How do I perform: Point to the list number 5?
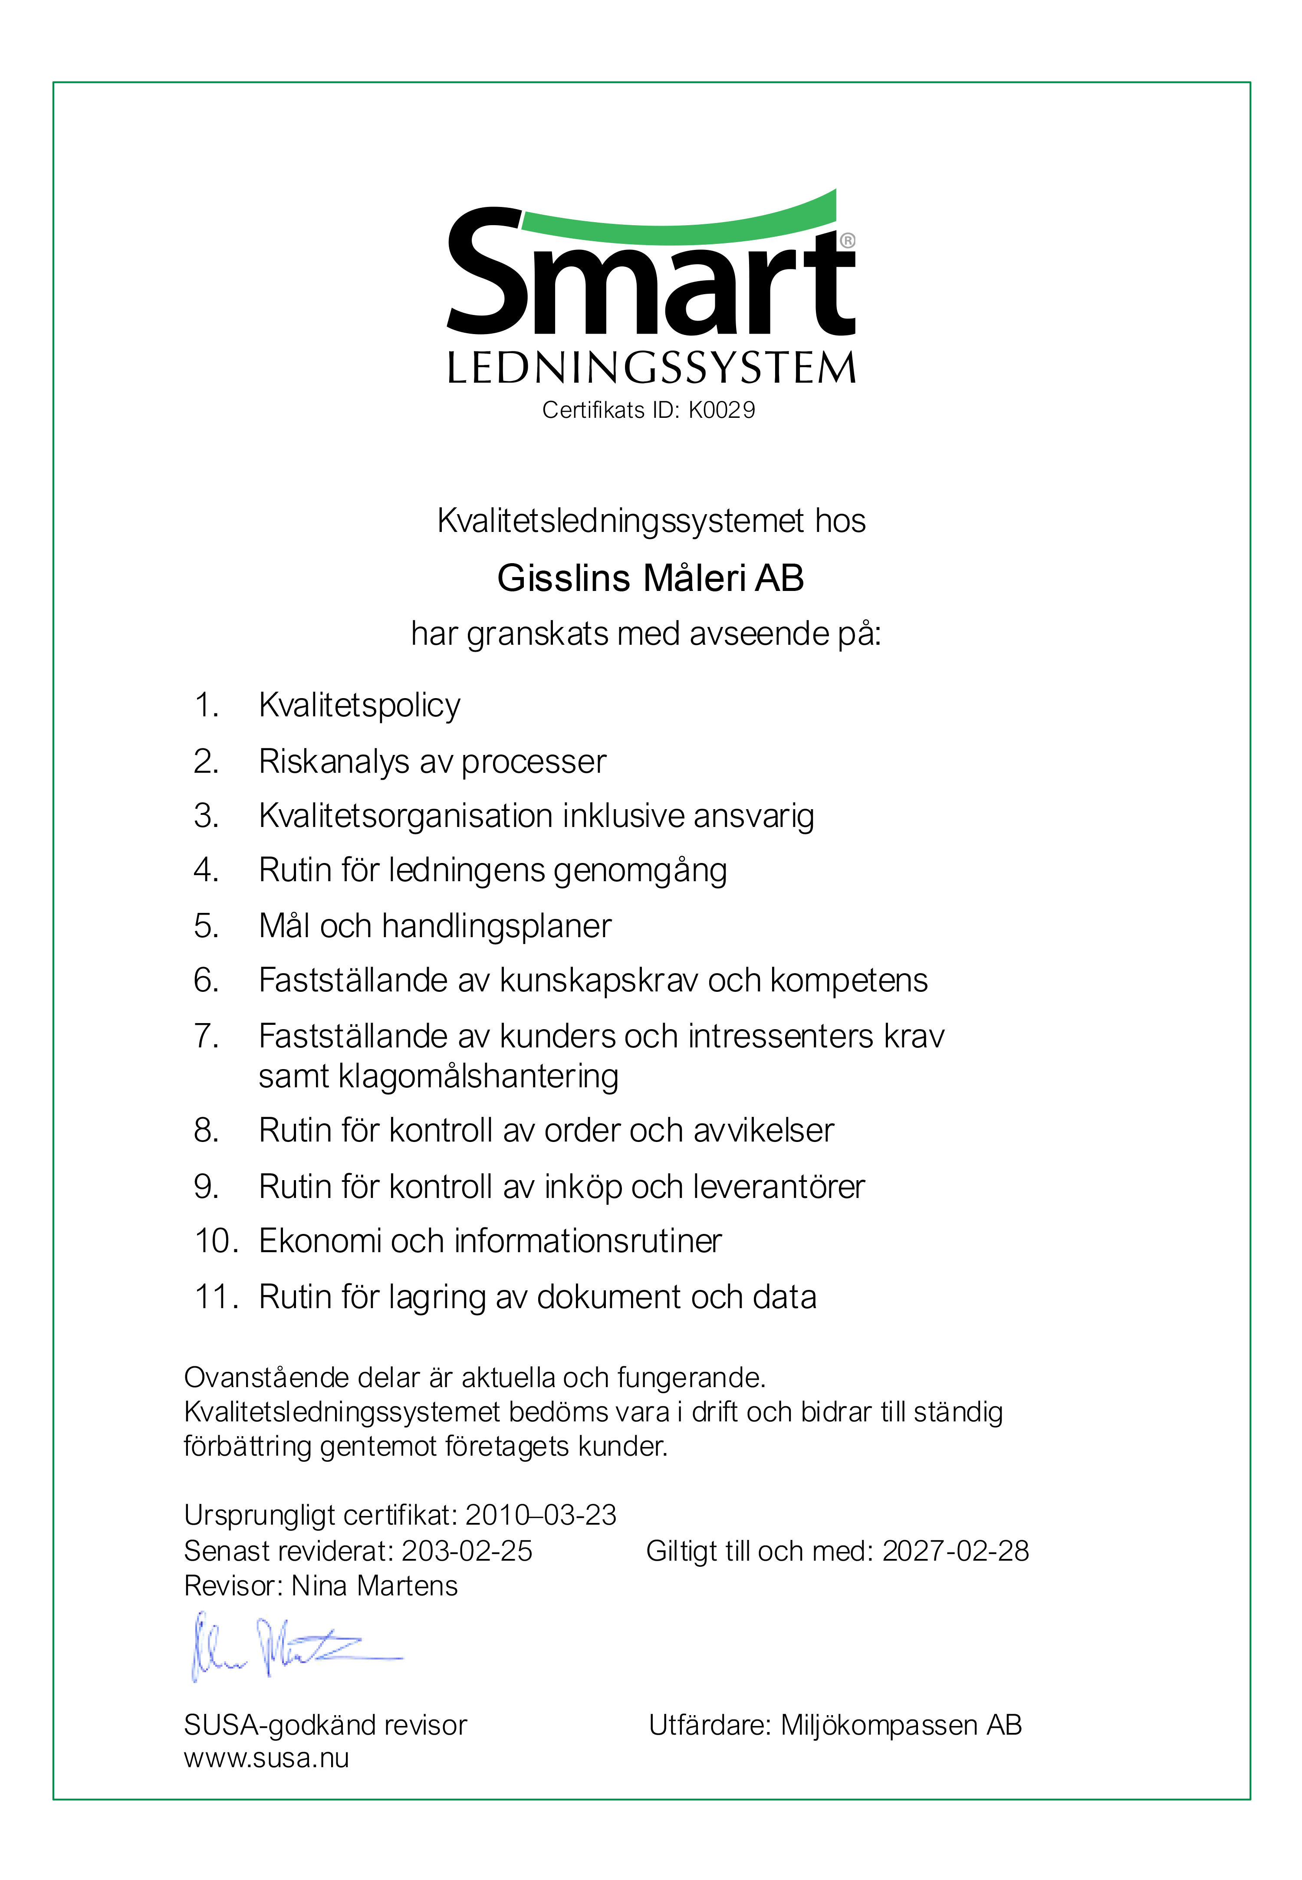coord(206,926)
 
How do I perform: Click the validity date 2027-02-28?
coord(955,1551)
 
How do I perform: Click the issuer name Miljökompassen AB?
coord(901,1725)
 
